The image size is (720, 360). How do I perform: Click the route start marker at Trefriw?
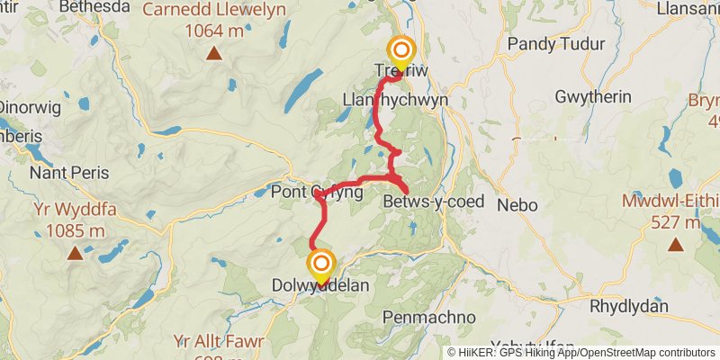401,50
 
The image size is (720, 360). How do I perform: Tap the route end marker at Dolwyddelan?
321,265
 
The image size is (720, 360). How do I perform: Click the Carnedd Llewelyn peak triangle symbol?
214,53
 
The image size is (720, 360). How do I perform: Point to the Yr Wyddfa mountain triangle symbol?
74,253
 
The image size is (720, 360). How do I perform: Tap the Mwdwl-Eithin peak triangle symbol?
674,243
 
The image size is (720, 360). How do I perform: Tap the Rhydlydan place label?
629,307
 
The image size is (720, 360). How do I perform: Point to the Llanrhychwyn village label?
396,99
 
